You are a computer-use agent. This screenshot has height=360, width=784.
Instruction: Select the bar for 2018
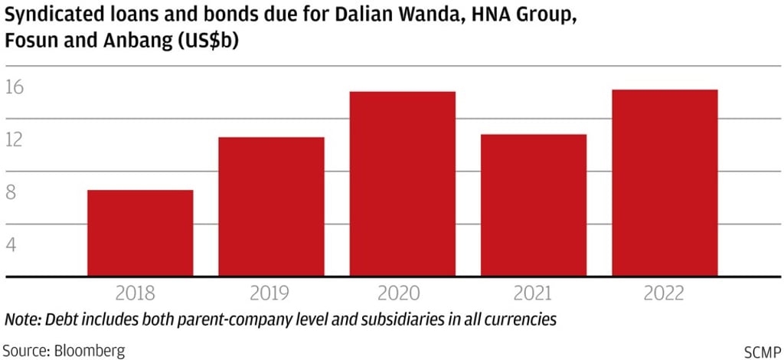(140, 233)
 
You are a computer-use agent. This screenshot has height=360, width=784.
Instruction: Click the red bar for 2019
(271, 207)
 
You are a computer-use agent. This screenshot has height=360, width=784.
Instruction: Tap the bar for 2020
(403, 184)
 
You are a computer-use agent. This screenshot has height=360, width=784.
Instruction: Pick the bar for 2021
(534, 205)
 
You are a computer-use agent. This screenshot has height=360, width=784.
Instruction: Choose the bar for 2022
(665, 183)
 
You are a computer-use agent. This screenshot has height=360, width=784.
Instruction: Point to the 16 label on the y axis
(15, 87)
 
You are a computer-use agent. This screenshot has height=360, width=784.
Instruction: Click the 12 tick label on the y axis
(15, 140)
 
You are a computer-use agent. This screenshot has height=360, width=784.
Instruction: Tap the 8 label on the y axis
(11, 193)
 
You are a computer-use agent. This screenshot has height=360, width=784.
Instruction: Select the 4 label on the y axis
(11, 245)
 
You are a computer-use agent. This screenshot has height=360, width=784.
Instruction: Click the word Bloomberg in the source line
(88, 351)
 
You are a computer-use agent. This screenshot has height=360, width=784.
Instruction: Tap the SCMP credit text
(763, 351)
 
